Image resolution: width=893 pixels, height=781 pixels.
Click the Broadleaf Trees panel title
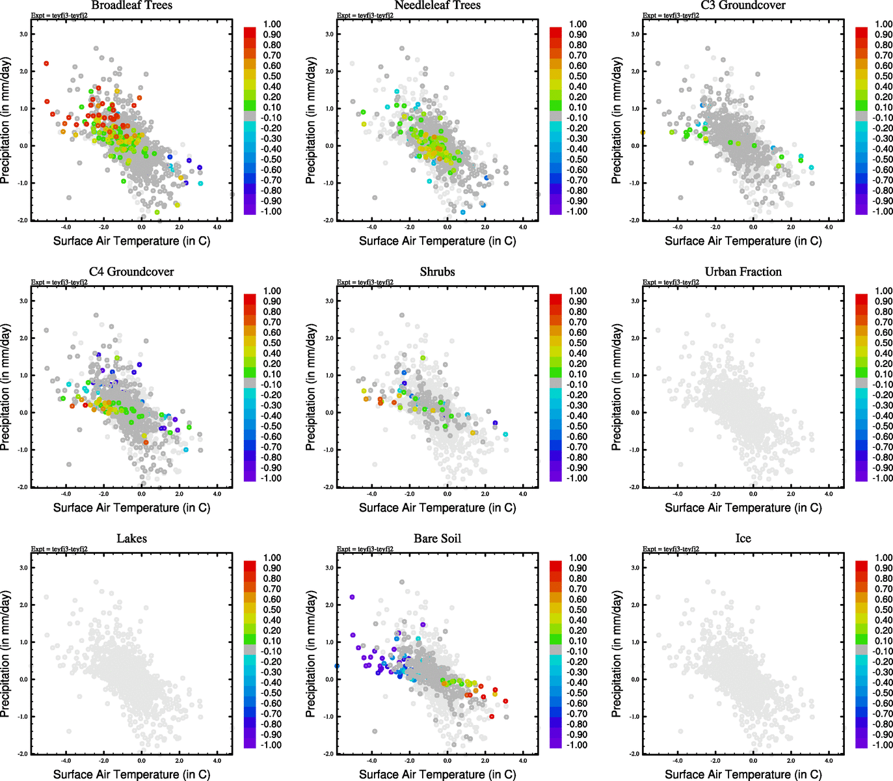click(131, 5)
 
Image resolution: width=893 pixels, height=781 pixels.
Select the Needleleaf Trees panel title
click(437, 5)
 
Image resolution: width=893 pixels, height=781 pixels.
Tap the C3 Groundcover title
click(743, 5)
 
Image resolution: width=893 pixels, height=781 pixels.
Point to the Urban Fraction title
click(743, 271)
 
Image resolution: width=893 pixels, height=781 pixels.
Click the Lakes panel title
click(131, 538)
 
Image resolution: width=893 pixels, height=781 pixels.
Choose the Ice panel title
click(743, 538)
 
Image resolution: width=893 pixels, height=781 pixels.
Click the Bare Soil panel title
click(437, 538)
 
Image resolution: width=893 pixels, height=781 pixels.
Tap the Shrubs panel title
click(437, 271)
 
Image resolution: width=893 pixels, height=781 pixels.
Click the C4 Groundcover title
click(131, 271)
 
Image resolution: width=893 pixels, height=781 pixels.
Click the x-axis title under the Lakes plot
click(131, 774)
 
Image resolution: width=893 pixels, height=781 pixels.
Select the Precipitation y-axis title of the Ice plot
click(617, 653)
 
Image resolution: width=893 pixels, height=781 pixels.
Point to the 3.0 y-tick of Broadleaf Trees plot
click(23, 34)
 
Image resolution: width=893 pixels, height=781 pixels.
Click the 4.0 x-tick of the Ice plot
click(829, 760)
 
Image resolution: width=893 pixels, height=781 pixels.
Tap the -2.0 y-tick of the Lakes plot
click(23, 754)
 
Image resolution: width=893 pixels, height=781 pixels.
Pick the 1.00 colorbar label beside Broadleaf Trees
click(272, 24)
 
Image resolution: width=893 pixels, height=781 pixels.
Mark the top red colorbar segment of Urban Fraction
click(861, 299)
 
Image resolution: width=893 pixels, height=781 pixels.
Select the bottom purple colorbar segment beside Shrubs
click(555, 476)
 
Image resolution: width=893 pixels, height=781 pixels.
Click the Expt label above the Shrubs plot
click(365, 282)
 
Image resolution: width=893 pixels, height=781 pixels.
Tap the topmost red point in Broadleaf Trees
click(47, 63)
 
